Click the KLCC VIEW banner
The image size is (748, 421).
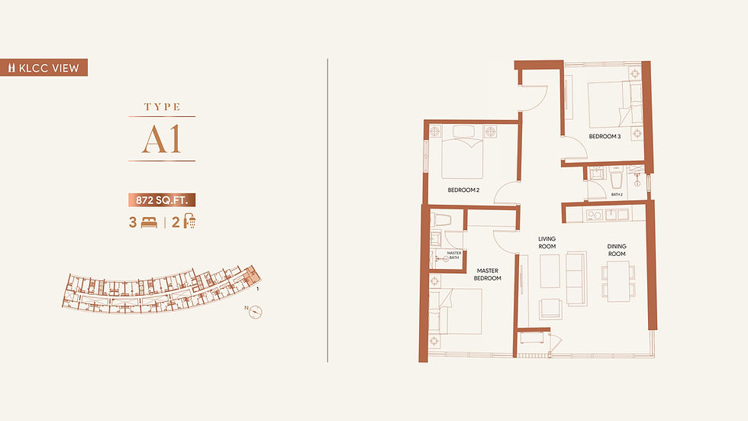[x=44, y=67]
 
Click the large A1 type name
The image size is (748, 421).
[x=162, y=139]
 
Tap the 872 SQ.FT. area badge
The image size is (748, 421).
[x=162, y=200]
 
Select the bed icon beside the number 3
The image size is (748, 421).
[x=150, y=222]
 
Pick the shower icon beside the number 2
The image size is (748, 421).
[x=190, y=222]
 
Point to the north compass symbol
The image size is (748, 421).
[x=256, y=312]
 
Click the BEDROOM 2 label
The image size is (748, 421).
[x=463, y=190]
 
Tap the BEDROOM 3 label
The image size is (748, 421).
[x=605, y=137]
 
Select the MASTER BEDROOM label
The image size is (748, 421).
[x=488, y=274]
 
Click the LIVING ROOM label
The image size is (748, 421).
[x=547, y=242]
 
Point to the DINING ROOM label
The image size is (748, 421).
[x=617, y=250]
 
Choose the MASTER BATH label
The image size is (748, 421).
[x=453, y=255]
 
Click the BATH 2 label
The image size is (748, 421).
[x=617, y=195]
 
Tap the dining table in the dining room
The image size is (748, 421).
[x=618, y=281]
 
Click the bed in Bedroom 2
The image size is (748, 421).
[x=463, y=152]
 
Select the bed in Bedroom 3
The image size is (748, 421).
[x=615, y=105]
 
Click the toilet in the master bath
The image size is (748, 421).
[x=441, y=220]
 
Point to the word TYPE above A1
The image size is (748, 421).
[x=162, y=107]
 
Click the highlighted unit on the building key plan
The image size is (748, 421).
[x=251, y=277]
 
